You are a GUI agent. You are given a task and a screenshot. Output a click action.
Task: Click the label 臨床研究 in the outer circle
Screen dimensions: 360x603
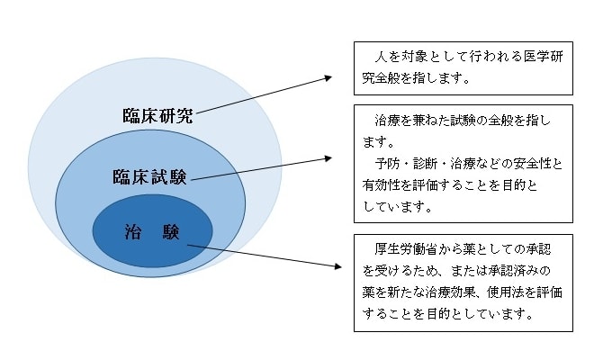[x=157, y=116]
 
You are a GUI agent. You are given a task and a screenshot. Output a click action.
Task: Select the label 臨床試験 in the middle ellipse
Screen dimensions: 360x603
[x=149, y=175]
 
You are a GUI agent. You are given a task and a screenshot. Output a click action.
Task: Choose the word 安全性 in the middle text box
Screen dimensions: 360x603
[x=535, y=163]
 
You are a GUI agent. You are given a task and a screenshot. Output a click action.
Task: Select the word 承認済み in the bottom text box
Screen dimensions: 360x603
[x=511, y=269]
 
